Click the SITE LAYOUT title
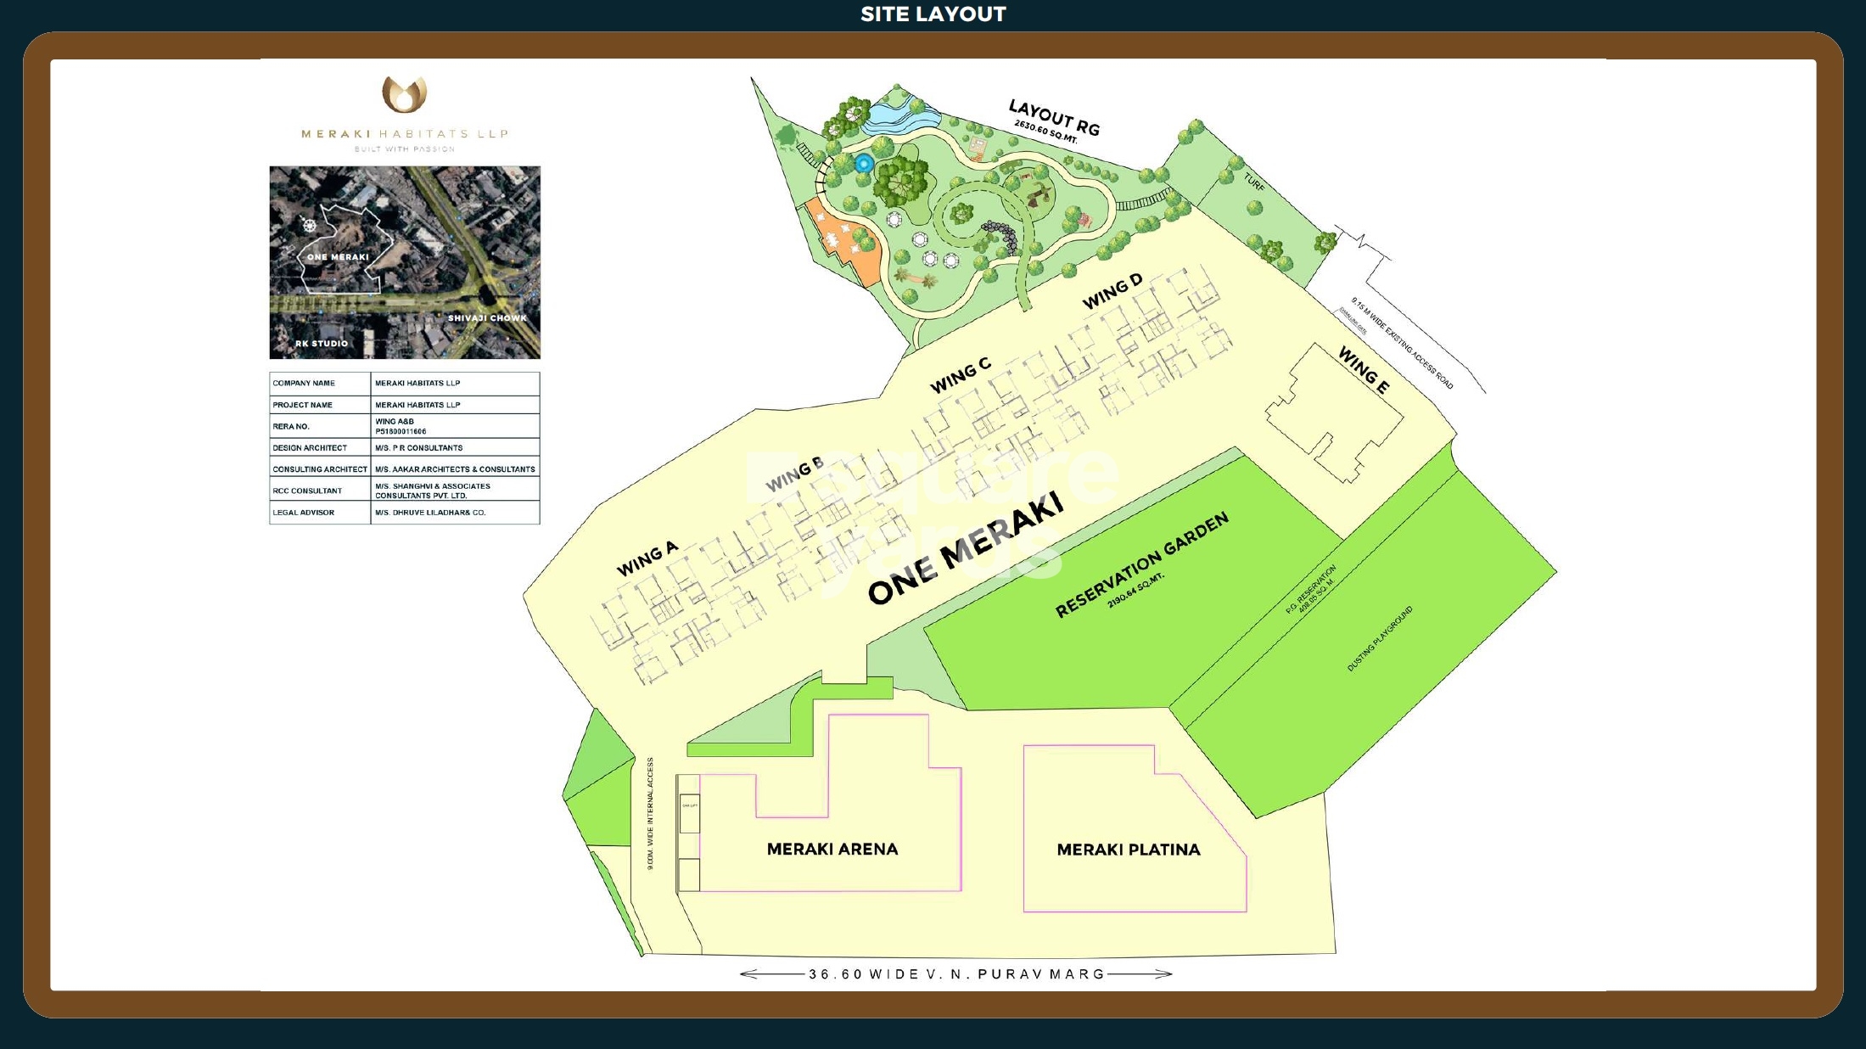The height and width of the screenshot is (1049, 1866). click(x=933, y=14)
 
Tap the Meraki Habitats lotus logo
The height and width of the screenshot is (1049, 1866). click(x=404, y=94)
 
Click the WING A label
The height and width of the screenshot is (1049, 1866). click(x=647, y=558)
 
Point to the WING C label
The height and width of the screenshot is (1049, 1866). click(x=961, y=375)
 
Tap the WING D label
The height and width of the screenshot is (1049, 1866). click(x=1112, y=291)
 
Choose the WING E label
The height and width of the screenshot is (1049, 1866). click(x=1364, y=370)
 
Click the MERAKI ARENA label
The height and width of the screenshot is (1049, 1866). click(x=832, y=849)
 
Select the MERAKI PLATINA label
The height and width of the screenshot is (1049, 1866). click(x=1128, y=850)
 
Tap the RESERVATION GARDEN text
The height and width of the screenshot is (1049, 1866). click(x=1141, y=564)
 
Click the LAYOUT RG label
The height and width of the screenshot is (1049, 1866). click(x=1054, y=117)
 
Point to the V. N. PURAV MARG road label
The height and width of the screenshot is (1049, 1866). click(x=956, y=974)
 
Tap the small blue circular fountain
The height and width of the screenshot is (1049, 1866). click(x=864, y=163)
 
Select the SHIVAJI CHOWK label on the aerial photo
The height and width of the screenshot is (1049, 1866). click(x=487, y=318)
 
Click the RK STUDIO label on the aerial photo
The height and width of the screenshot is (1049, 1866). click(x=322, y=344)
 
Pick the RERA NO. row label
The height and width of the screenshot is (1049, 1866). click(x=291, y=426)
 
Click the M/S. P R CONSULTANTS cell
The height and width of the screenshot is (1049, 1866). click(x=419, y=447)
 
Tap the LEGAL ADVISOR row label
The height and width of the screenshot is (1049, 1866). click(x=304, y=513)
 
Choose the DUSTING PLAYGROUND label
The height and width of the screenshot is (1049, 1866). click(x=1380, y=639)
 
